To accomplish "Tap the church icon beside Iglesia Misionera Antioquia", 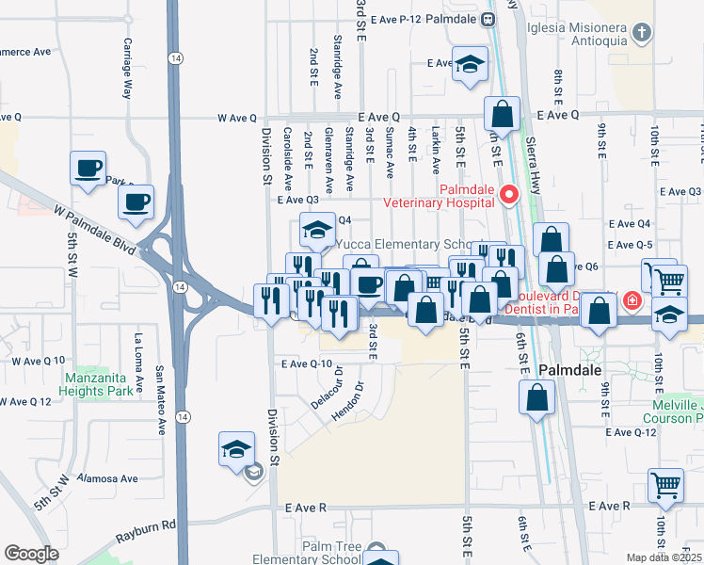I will tap(642, 35).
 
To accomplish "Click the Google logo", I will tap(31, 554).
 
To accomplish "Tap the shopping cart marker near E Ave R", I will tap(665, 486).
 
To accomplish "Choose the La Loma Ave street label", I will tap(138, 362).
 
